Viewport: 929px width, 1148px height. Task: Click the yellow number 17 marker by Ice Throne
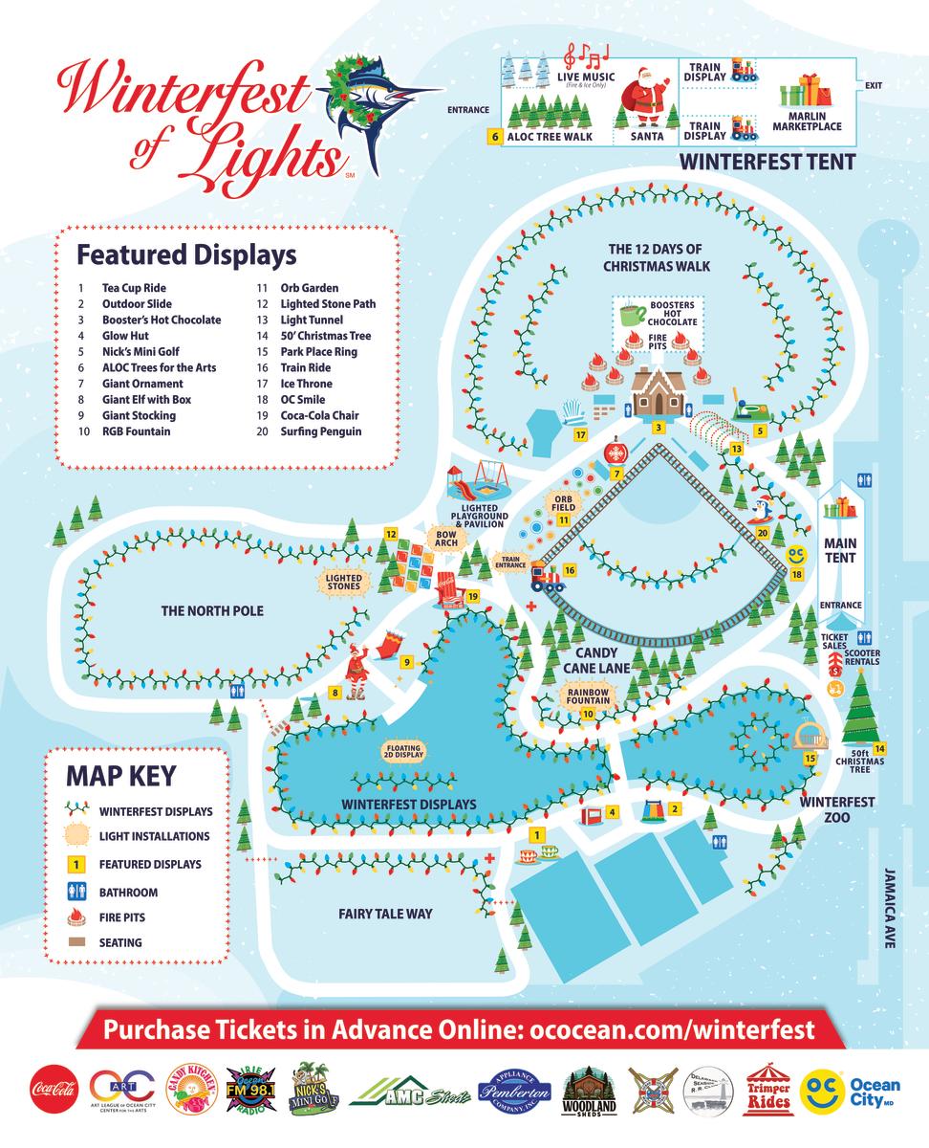pos(579,435)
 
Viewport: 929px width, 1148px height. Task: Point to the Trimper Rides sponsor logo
pos(769,1088)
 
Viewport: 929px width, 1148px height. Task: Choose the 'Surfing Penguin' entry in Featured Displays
pos(320,431)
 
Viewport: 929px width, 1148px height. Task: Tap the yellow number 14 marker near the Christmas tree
pos(879,748)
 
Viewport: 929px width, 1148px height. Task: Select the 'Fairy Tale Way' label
pos(385,914)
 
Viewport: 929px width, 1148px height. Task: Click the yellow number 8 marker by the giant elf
pos(335,692)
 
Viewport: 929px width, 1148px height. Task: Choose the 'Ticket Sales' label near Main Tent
pos(834,641)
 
